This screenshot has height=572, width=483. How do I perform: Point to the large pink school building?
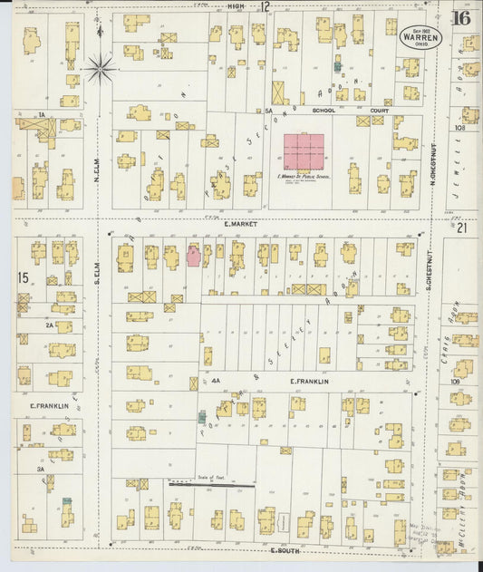click(304, 151)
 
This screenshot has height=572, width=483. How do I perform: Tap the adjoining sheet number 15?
click(23, 276)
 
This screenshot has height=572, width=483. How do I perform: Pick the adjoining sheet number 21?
click(461, 228)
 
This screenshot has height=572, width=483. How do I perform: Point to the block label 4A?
click(216, 382)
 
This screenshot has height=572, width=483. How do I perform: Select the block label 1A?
click(42, 114)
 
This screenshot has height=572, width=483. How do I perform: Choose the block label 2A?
click(50, 324)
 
